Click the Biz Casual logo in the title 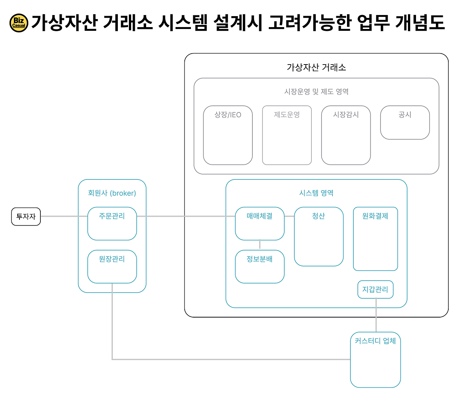[19, 23]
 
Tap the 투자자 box [26, 217]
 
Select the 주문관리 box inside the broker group [112, 224]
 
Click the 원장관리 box [112, 267]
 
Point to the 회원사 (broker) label [112, 193]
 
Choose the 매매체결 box [260, 224]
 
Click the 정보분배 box [260, 267]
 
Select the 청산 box [319, 236]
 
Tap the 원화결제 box [375, 239]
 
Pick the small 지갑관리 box [375, 290]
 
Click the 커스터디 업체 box [375, 360]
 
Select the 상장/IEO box [228, 135]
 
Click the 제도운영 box [287, 135]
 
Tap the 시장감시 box [346, 135]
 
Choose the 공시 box [405, 122]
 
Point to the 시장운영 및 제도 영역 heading [316, 92]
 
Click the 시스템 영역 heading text [316, 193]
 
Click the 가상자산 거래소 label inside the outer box [316, 67]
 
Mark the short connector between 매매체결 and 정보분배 [260, 245]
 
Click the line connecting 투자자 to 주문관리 [64, 216]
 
